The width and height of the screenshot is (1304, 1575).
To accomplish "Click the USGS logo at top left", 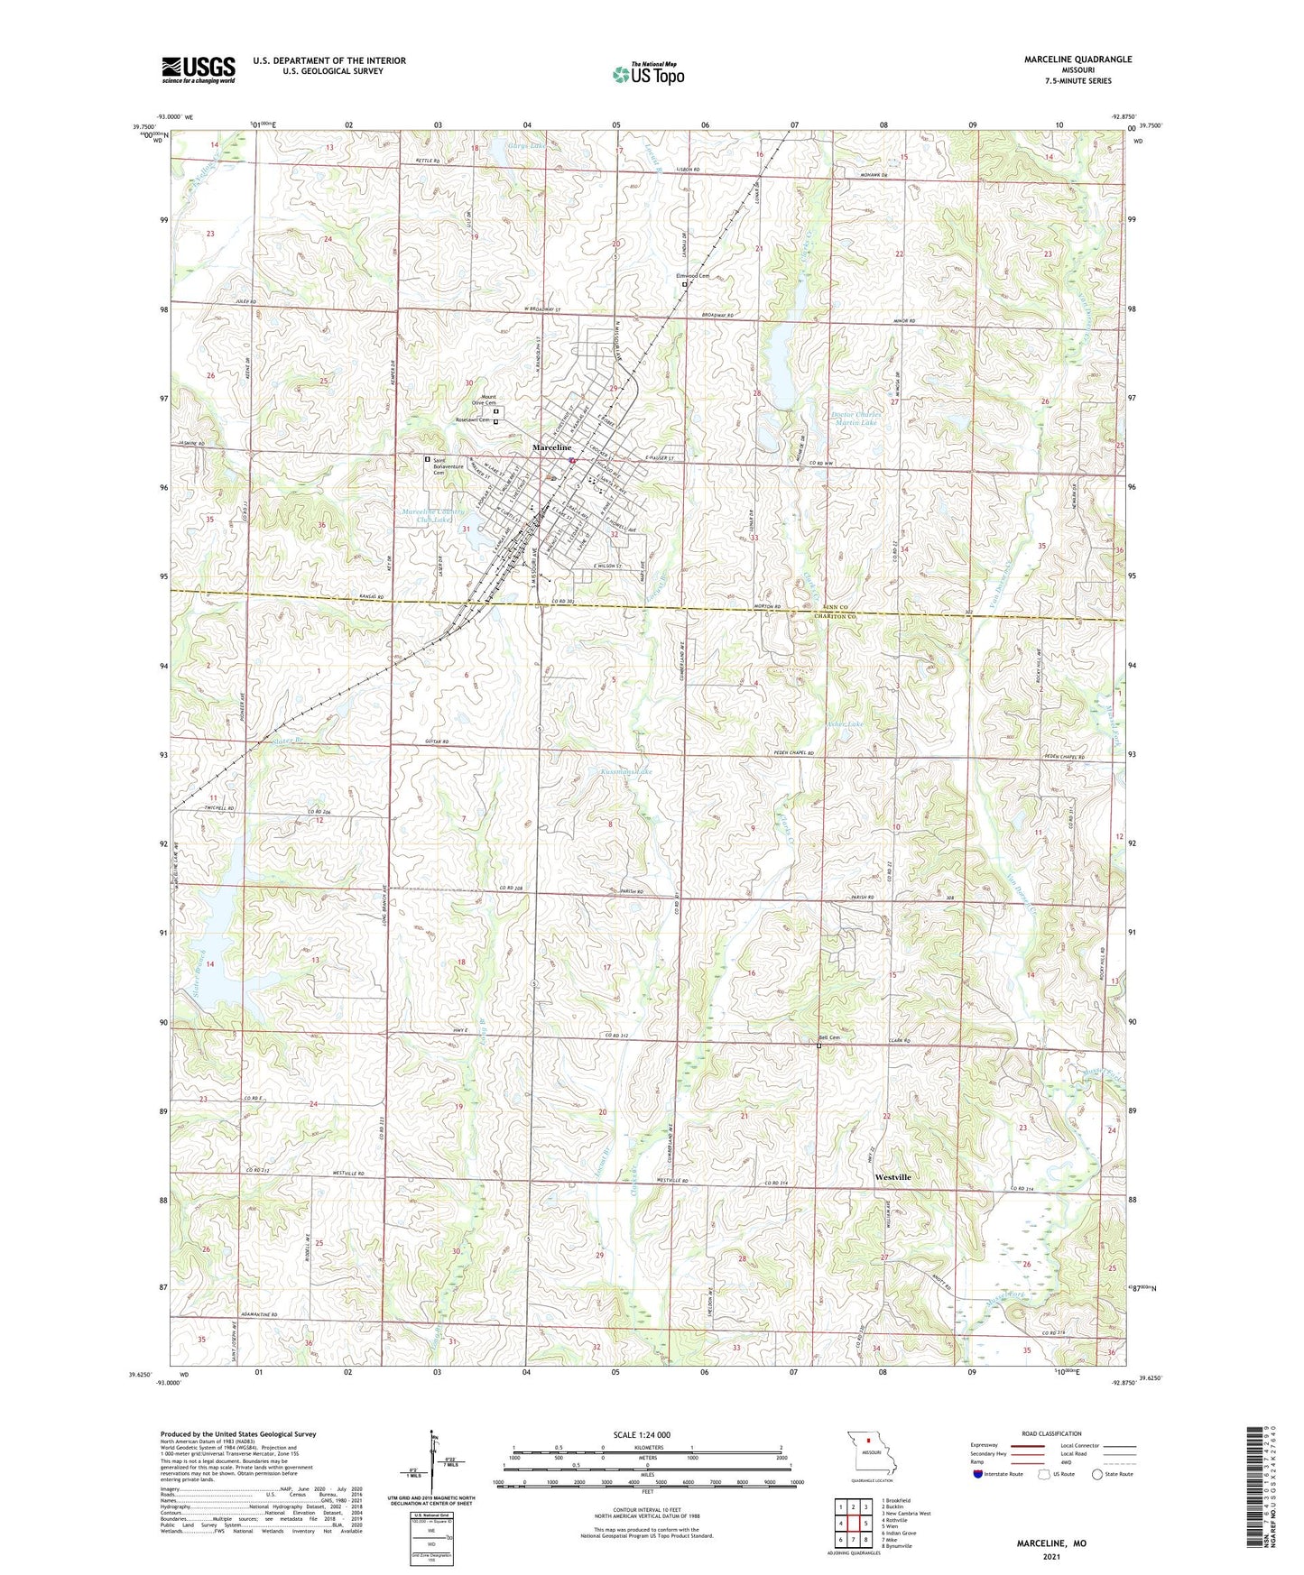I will (198, 69).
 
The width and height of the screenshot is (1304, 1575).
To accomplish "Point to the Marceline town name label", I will (551, 448).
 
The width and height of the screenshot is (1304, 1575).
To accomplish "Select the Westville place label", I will (892, 1177).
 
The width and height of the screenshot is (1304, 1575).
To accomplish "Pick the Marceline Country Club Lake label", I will (436, 515).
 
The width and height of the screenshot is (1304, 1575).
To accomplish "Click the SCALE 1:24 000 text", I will (636, 1434).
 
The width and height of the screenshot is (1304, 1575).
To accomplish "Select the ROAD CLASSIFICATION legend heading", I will (1051, 1433).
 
